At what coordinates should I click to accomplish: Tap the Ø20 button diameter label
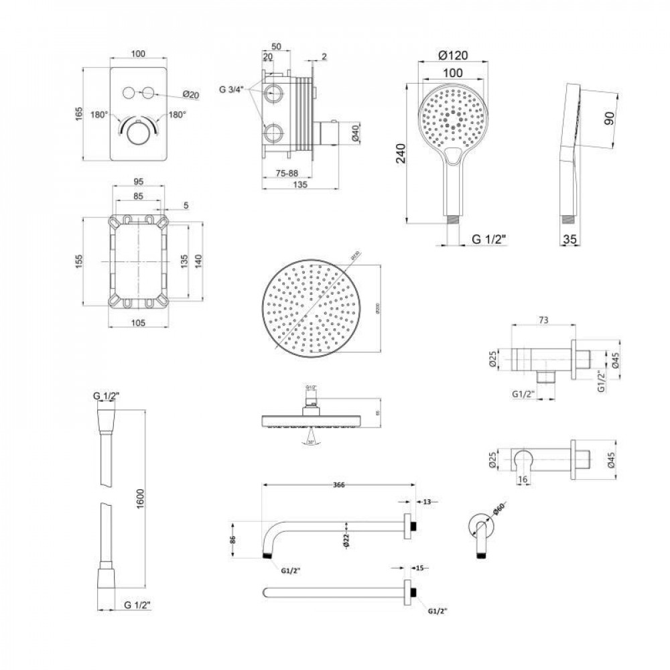tap(191, 94)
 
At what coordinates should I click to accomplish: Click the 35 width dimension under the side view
tap(570, 239)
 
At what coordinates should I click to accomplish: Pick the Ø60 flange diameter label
tap(498, 512)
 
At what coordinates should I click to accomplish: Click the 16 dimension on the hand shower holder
tap(524, 479)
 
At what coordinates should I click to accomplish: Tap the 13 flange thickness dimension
tap(427, 500)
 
